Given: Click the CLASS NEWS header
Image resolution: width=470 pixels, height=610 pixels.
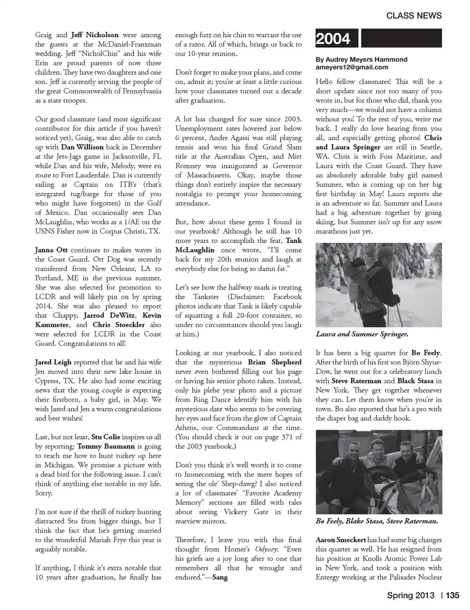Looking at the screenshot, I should (x=414, y=15).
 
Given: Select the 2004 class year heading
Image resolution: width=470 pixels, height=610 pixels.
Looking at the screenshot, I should (x=333, y=39).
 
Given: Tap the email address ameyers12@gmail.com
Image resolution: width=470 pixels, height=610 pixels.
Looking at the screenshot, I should (x=352, y=67).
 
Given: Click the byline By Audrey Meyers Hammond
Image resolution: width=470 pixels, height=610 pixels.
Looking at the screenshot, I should (x=361, y=59).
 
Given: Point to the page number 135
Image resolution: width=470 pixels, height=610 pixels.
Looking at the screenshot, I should (x=453, y=595).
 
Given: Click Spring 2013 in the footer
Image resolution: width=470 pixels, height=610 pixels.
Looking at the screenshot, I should (x=410, y=595).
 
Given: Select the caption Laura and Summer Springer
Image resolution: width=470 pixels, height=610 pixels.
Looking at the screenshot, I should (x=361, y=334).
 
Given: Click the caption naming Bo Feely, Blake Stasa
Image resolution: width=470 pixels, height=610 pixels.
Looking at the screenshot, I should (x=376, y=521).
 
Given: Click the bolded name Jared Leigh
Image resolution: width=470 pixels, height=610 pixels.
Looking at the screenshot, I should (x=53, y=362).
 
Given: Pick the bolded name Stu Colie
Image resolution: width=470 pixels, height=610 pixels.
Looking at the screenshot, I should (x=105, y=437).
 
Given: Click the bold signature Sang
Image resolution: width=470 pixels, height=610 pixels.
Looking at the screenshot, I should (x=220, y=577).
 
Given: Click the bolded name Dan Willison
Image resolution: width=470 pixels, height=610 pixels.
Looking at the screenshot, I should (x=82, y=147).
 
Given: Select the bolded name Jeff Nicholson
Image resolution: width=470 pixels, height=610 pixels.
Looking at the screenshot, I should (x=94, y=35).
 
